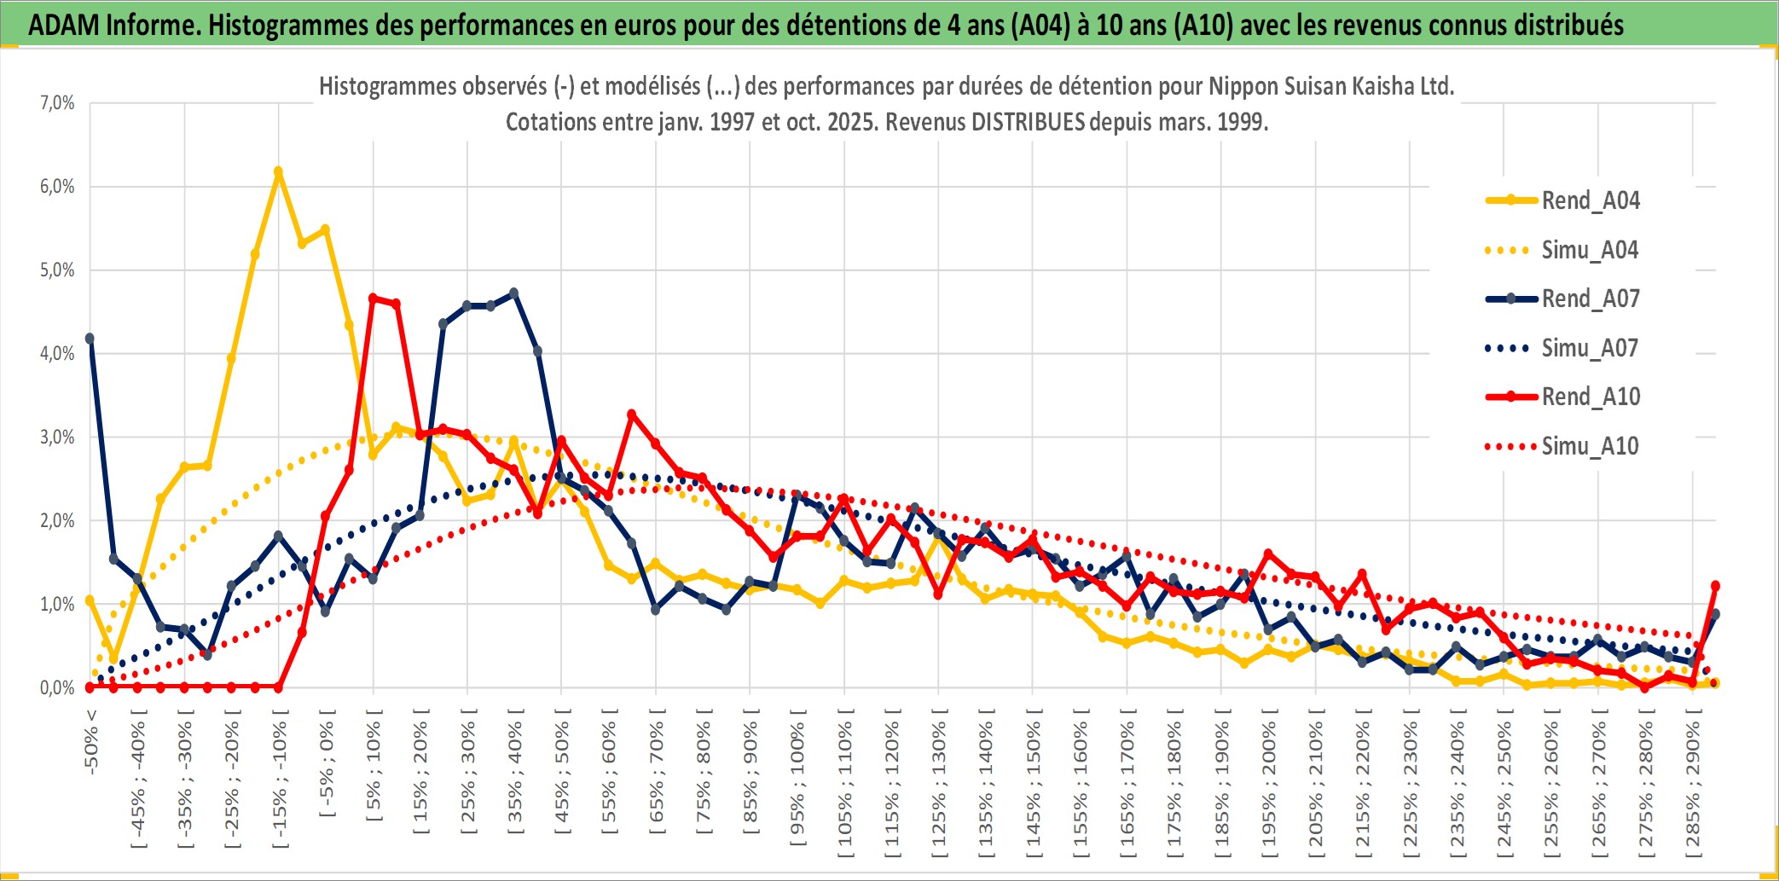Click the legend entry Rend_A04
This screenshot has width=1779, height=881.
(x=1590, y=200)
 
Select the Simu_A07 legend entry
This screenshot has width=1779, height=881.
(x=1590, y=348)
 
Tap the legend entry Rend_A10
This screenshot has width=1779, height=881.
(x=1590, y=397)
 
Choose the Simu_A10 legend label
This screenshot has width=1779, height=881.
(x=1590, y=446)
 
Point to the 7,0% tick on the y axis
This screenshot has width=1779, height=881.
(x=57, y=103)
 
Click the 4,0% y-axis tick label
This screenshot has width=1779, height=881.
(x=57, y=353)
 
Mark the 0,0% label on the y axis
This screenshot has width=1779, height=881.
(x=57, y=687)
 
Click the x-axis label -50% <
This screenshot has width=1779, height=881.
(x=91, y=741)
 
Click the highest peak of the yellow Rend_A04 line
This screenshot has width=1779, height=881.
(x=278, y=171)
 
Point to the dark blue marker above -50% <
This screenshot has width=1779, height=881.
(x=90, y=339)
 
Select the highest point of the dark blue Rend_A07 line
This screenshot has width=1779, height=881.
(x=513, y=293)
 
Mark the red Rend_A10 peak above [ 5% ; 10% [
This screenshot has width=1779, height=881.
(x=373, y=298)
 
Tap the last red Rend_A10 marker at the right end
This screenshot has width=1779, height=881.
(x=1715, y=586)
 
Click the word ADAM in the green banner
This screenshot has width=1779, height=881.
(x=64, y=26)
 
